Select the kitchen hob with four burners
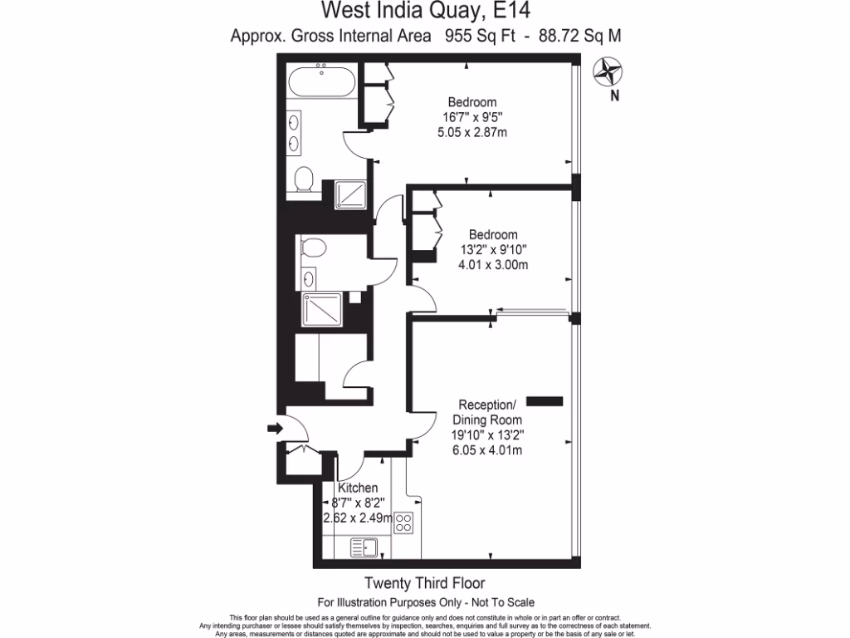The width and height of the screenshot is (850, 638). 404,523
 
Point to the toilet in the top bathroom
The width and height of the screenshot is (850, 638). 304,179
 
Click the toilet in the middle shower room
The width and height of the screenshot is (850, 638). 314,247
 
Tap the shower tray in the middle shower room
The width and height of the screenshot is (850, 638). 321,311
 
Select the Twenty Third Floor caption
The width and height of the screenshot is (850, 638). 426,583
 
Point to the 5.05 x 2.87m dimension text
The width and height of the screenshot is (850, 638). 472,132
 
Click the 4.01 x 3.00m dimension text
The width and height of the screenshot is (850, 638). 493,265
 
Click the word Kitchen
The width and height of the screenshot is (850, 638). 358,488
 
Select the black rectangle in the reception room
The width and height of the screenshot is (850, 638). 545,401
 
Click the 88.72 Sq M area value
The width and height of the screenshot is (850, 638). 580,36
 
